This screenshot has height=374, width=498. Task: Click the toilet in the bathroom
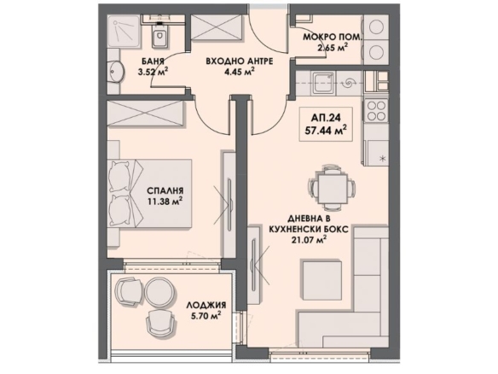[159, 36]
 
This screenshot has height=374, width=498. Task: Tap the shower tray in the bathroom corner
[124, 31]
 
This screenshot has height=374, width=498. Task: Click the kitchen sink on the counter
[323, 84]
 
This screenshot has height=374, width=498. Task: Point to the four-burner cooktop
[376, 110]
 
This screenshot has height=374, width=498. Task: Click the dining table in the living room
[331, 189]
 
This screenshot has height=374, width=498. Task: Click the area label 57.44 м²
[326, 131]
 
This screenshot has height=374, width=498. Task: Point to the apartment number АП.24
[326, 118]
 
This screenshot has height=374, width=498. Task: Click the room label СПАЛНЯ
[165, 190]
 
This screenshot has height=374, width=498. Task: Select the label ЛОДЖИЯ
[206, 306]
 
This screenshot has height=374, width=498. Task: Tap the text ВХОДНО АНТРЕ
[239, 61]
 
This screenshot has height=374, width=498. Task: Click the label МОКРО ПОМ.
[333, 37]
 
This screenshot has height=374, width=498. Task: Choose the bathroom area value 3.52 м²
[153, 72]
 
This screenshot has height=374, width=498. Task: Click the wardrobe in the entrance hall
[216, 27]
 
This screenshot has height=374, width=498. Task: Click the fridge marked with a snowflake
[378, 154]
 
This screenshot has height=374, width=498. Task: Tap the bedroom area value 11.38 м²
[165, 202]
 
